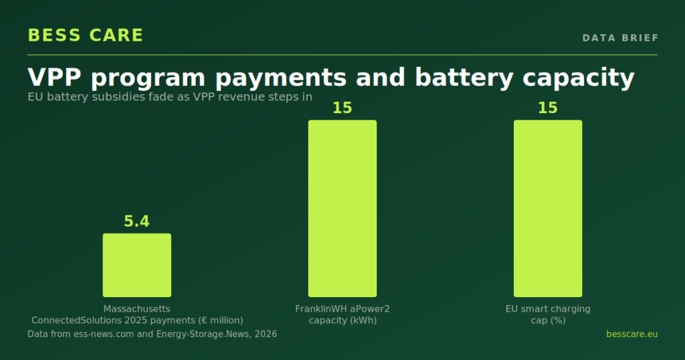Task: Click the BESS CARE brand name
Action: [x=85, y=35]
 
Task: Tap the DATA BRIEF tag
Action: [x=620, y=38]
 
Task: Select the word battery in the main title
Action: [x=464, y=78]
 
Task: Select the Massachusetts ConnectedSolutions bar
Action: [x=136, y=265]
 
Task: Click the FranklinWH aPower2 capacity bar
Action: [x=342, y=208]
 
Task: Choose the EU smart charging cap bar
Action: [x=548, y=208]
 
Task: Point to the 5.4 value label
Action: [x=136, y=221]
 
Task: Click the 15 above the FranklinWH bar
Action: [x=342, y=108]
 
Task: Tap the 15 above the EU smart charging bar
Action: [x=548, y=108]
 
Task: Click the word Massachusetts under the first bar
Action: [x=136, y=309]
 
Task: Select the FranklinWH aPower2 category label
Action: [x=342, y=314]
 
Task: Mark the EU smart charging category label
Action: [x=548, y=314]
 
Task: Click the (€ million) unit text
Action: [x=221, y=321]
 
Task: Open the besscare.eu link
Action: [x=631, y=334]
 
